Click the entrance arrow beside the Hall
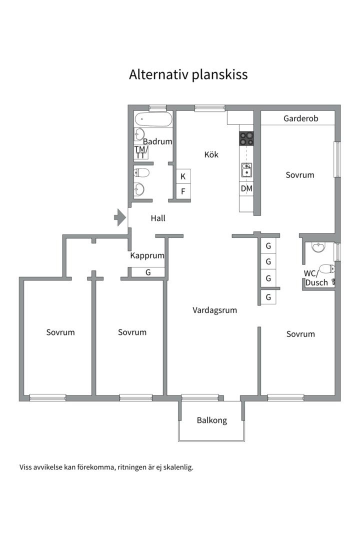[x=120, y=217]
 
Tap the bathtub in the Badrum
[x=153, y=119]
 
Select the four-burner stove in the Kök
[x=246, y=138]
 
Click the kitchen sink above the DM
[x=246, y=170]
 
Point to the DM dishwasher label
[x=246, y=188]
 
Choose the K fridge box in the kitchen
[x=183, y=176]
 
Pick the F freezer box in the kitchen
[x=183, y=191]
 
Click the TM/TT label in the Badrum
[x=141, y=152]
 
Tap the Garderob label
[x=300, y=118]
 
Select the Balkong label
[x=212, y=420]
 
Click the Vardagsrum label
[x=214, y=310]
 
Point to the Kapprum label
[x=147, y=256]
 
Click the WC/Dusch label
[x=316, y=278]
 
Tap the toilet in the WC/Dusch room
[x=326, y=268]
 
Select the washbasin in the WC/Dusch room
[x=318, y=246]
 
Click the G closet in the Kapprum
[x=148, y=272]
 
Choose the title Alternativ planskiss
[x=188, y=74]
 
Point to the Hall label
[x=158, y=218]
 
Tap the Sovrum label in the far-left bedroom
[x=60, y=332]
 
